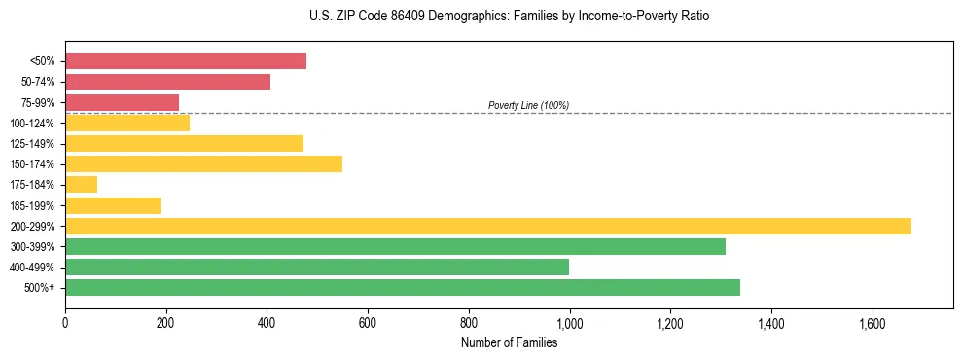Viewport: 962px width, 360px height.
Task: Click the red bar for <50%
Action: point(186,61)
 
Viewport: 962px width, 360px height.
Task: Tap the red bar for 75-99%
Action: point(122,102)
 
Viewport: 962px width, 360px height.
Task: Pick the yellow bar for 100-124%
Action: point(127,123)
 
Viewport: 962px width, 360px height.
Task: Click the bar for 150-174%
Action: point(203,163)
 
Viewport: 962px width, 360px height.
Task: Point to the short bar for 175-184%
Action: point(81,184)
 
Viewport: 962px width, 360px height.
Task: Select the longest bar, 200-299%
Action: point(488,226)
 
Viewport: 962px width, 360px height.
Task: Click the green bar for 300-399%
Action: point(395,246)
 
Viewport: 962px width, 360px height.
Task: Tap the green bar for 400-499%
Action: point(317,267)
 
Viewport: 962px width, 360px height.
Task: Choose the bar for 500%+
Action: point(403,287)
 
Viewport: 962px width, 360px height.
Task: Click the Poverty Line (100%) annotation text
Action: point(528,105)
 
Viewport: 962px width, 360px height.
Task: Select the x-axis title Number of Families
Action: point(509,342)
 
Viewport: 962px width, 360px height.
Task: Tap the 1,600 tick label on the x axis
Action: point(872,323)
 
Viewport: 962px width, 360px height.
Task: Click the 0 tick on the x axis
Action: point(65,323)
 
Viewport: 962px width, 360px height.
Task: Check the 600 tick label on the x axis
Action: point(368,323)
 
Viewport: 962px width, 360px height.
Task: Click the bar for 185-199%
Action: point(113,205)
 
